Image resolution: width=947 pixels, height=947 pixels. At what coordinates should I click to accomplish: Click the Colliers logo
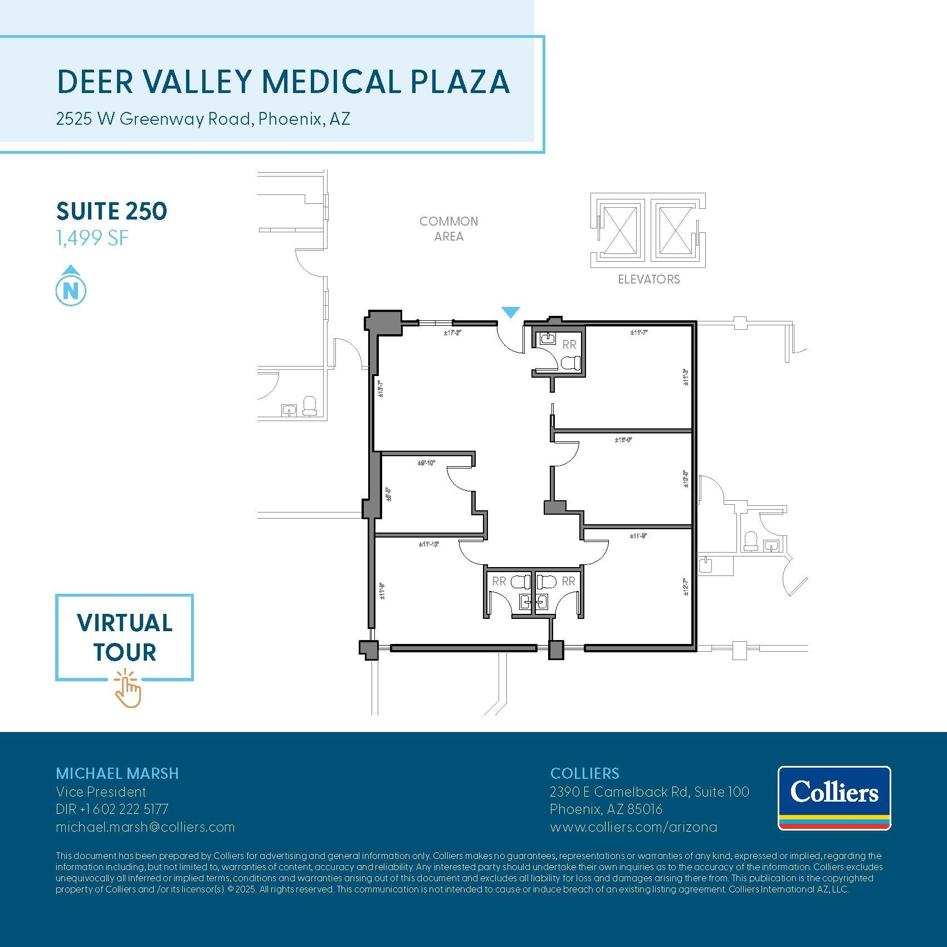pyautogui.click(x=834, y=798)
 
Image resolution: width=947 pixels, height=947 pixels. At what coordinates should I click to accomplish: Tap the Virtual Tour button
pyautogui.click(x=124, y=637)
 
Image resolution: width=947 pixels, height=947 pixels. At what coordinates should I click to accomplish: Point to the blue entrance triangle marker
pyautogui.click(x=510, y=312)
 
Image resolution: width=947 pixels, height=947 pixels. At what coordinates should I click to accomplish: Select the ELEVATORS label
pyautogui.click(x=648, y=279)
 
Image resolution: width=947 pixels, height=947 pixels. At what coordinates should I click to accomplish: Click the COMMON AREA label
pyautogui.click(x=448, y=228)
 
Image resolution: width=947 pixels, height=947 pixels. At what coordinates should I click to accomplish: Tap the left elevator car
pyautogui.click(x=620, y=230)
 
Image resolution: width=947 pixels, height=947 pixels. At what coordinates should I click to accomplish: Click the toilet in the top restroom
pyautogui.click(x=570, y=364)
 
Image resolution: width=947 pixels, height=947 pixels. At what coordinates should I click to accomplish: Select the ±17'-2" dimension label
pyautogui.click(x=452, y=333)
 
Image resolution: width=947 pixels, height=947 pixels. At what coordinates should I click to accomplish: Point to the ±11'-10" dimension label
pyautogui.click(x=429, y=544)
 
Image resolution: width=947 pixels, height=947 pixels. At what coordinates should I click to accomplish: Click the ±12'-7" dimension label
pyautogui.click(x=685, y=587)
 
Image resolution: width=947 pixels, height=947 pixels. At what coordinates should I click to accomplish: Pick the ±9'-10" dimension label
pyautogui.click(x=426, y=463)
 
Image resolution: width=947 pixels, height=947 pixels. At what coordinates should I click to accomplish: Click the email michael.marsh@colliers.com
pyautogui.click(x=145, y=827)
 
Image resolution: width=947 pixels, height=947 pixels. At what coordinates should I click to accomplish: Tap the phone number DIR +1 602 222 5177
pyautogui.click(x=112, y=809)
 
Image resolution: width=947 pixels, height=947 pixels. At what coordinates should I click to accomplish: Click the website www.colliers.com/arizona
pyautogui.click(x=633, y=827)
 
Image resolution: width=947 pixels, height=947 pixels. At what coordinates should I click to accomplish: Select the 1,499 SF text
pyautogui.click(x=92, y=238)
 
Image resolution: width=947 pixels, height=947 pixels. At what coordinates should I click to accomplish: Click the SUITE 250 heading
pyautogui.click(x=111, y=211)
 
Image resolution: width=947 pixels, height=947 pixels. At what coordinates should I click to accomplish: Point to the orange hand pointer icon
pyautogui.click(x=128, y=690)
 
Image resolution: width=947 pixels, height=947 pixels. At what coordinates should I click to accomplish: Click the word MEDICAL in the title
pyautogui.click(x=332, y=82)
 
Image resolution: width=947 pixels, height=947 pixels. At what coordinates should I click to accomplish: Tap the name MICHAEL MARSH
pyautogui.click(x=117, y=773)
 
